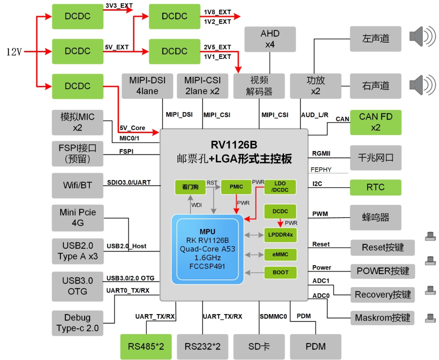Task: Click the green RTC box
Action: click(x=376, y=188)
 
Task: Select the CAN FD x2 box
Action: click(x=376, y=122)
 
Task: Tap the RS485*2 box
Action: click(x=146, y=347)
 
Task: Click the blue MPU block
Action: click(x=208, y=249)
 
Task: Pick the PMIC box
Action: click(x=236, y=187)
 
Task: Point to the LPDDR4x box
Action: click(x=280, y=235)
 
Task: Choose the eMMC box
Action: click(x=280, y=255)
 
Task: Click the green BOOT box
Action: click(x=280, y=273)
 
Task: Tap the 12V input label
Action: click(x=14, y=52)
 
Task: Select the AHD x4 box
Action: click(x=270, y=39)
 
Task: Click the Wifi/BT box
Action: click(x=77, y=185)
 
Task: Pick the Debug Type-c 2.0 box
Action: click(x=77, y=323)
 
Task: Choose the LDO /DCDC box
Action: click(x=280, y=187)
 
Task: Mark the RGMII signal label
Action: click(x=321, y=153)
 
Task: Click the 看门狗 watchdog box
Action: click(x=190, y=187)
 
